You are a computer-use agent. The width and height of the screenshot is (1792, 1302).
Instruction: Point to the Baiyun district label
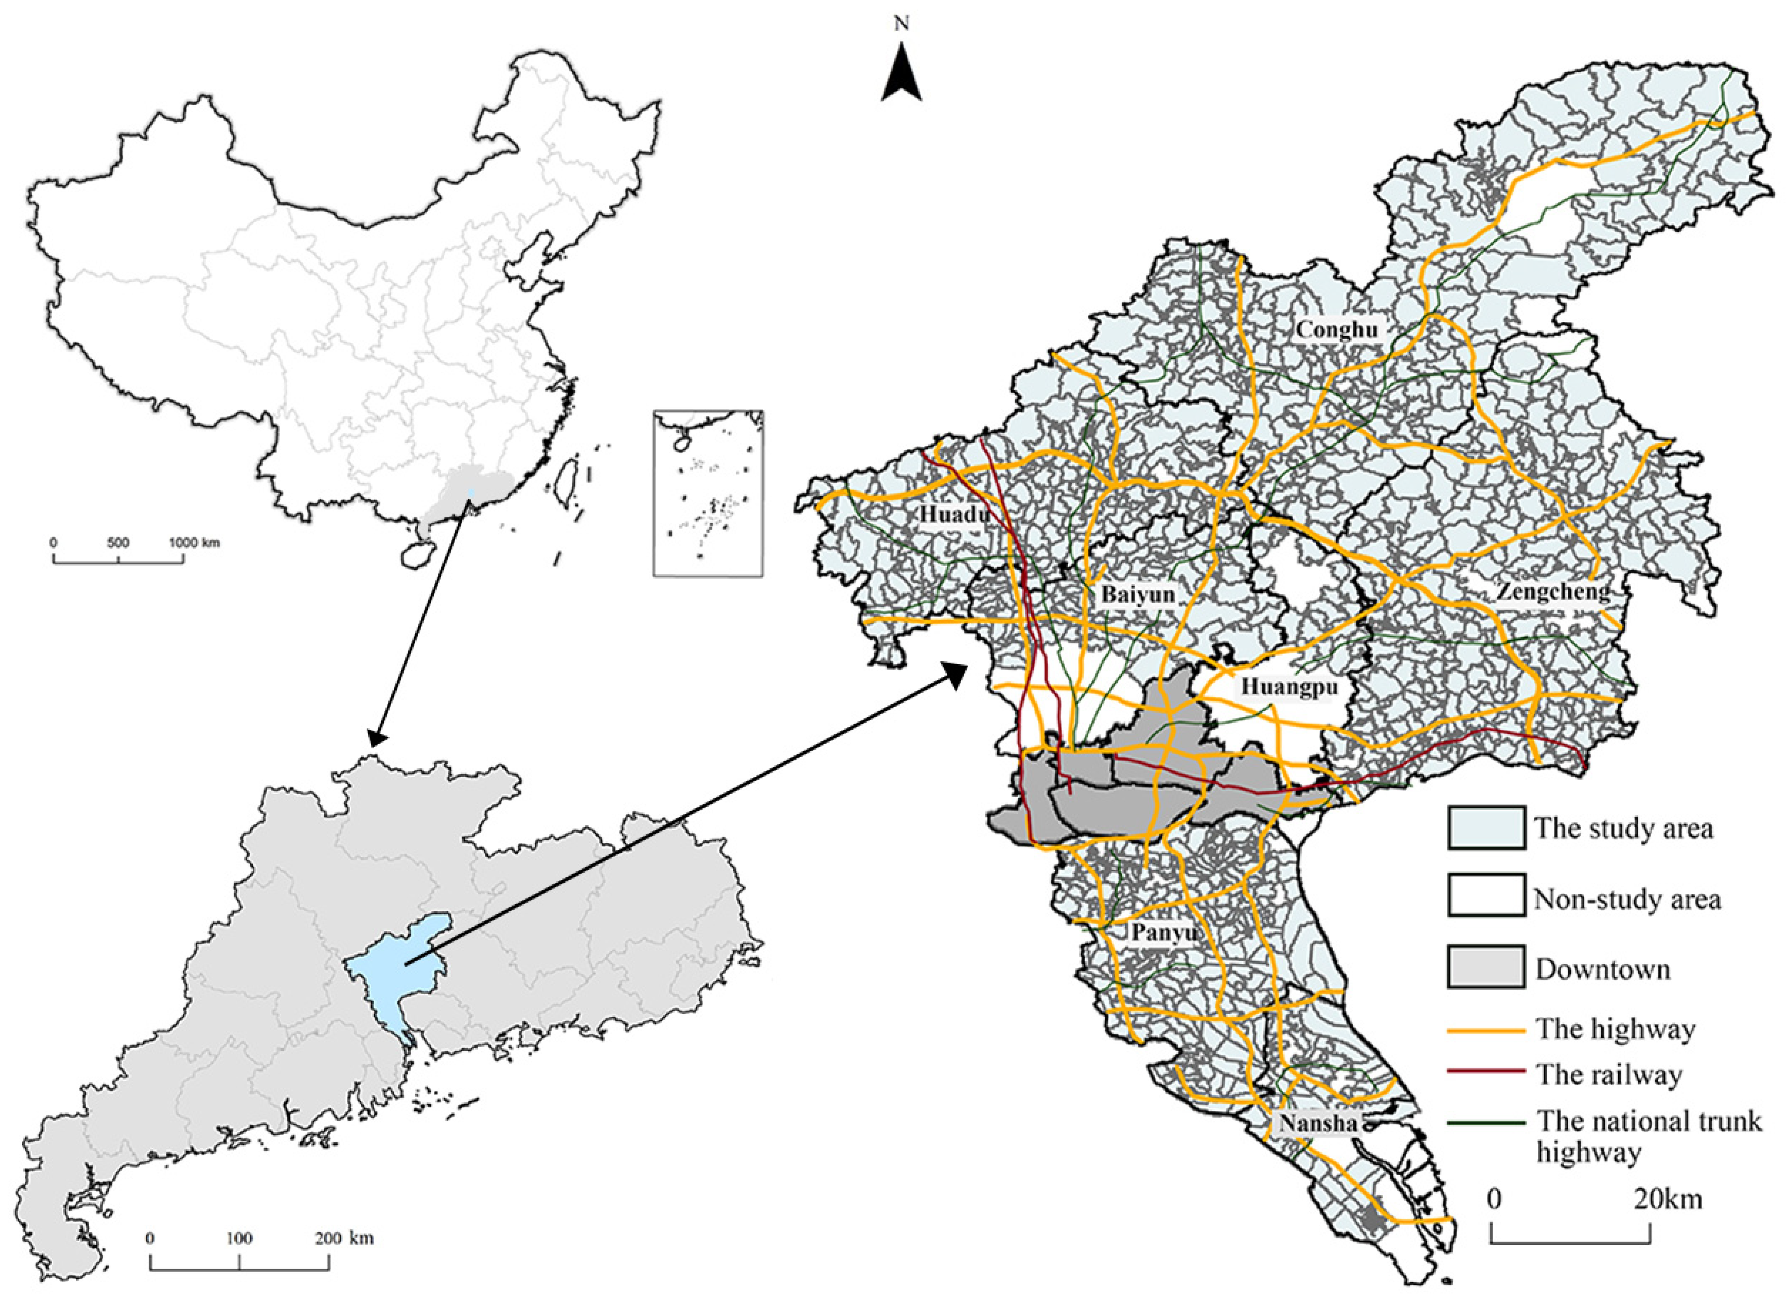click(1138, 594)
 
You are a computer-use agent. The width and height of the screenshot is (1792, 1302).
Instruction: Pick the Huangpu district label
click(1289, 687)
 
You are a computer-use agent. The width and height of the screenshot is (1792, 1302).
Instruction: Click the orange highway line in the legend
click(1485, 1031)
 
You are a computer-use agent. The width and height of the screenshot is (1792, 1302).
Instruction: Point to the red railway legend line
click(1485, 1072)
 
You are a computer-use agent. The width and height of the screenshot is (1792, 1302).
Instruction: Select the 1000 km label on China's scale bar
click(194, 543)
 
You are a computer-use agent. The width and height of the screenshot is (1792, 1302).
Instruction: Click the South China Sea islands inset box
click(708, 492)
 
